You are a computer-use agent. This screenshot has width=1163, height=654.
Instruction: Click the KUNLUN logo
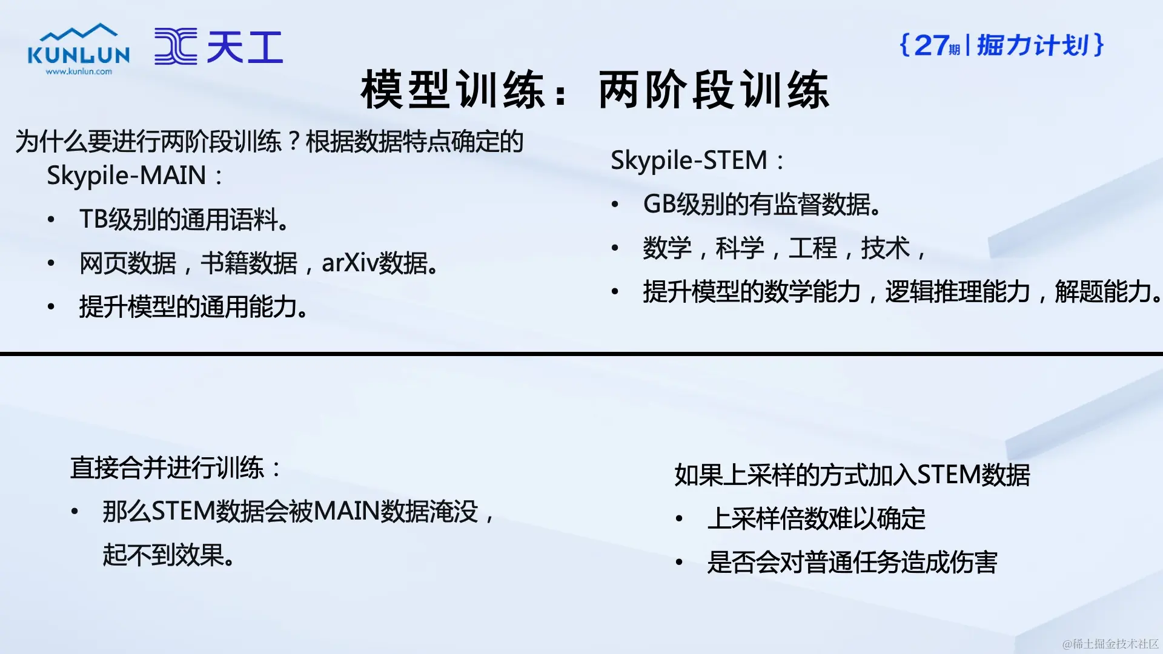click(79, 49)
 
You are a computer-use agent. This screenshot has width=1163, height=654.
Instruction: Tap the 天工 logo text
click(245, 47)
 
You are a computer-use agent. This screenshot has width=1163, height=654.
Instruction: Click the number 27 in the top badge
click(932, 45)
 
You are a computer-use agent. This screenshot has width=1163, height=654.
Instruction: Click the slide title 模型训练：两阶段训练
click(595, 90)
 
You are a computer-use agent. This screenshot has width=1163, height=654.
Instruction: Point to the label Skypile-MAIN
click(127, 176)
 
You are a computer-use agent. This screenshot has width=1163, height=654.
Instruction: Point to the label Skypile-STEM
click(689, 160)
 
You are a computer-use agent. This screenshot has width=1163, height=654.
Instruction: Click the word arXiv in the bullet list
click(350, 263)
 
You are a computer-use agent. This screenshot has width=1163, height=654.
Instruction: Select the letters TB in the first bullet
click(93, 219)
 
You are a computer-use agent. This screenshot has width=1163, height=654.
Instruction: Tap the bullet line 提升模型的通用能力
click(194, 307)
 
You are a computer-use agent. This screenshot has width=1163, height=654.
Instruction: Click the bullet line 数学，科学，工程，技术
click(784, 248)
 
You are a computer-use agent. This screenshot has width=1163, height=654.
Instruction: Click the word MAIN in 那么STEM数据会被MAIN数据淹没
click(346, 512)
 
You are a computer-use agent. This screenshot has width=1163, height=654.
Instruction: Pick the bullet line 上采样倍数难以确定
click(817, 519)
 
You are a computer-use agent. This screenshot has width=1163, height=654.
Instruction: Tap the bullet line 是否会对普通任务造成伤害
click(852, 563)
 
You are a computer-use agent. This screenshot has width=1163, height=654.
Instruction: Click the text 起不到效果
click(170, 555)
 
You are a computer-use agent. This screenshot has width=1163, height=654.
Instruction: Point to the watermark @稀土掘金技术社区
click(1110, 643)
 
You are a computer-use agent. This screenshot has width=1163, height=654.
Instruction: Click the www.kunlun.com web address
click(79, 71)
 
